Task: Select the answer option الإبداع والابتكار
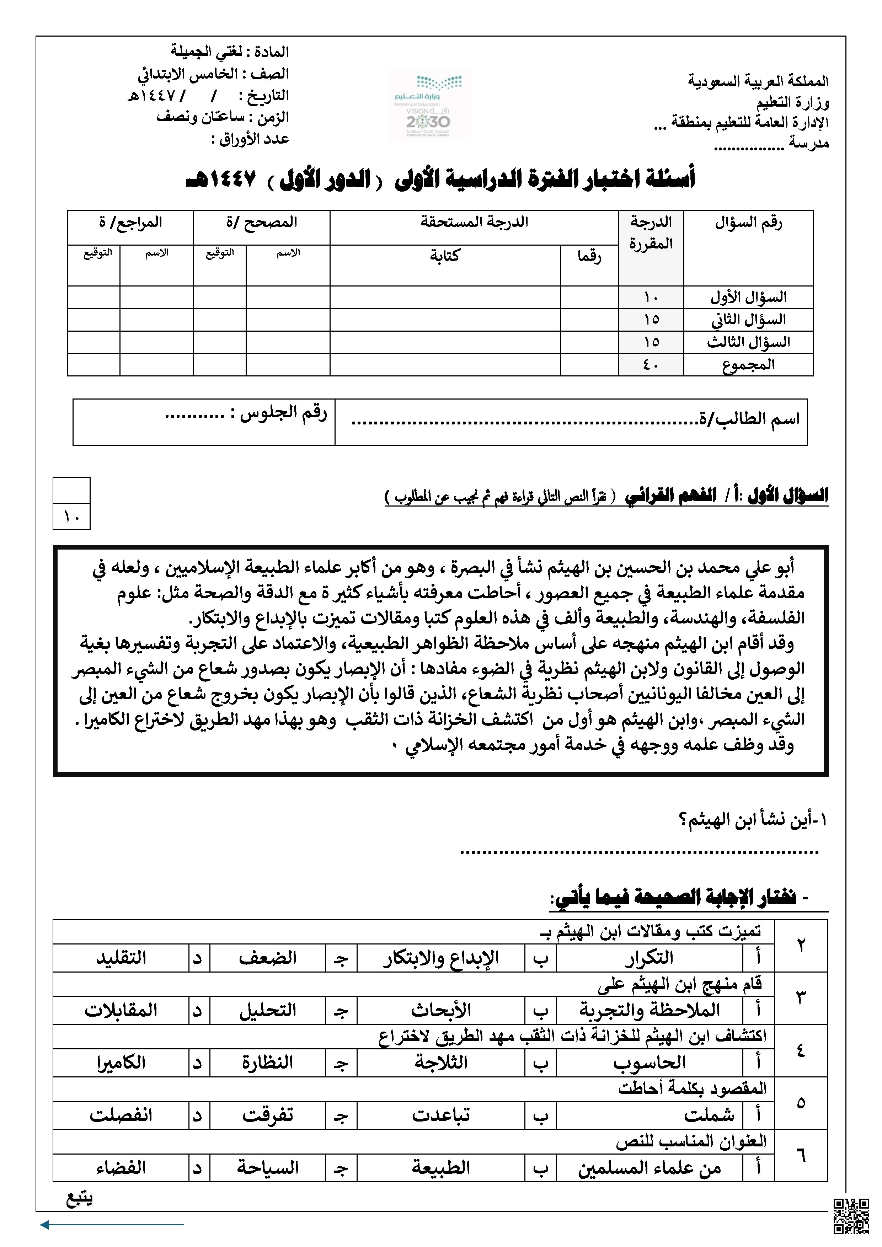(x=440, y=959)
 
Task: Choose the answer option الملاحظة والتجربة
(x=649, y=1011)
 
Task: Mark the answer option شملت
(x=709, y=1115)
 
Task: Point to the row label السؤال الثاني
(x=748, y=320)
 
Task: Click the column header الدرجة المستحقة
(x=474, y=222)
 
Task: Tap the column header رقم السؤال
(x=748, y=222)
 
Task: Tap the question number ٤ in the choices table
(x=801, y=1050)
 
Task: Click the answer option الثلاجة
(x=441, y=1063)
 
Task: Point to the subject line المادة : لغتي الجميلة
(x=230, y=52)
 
